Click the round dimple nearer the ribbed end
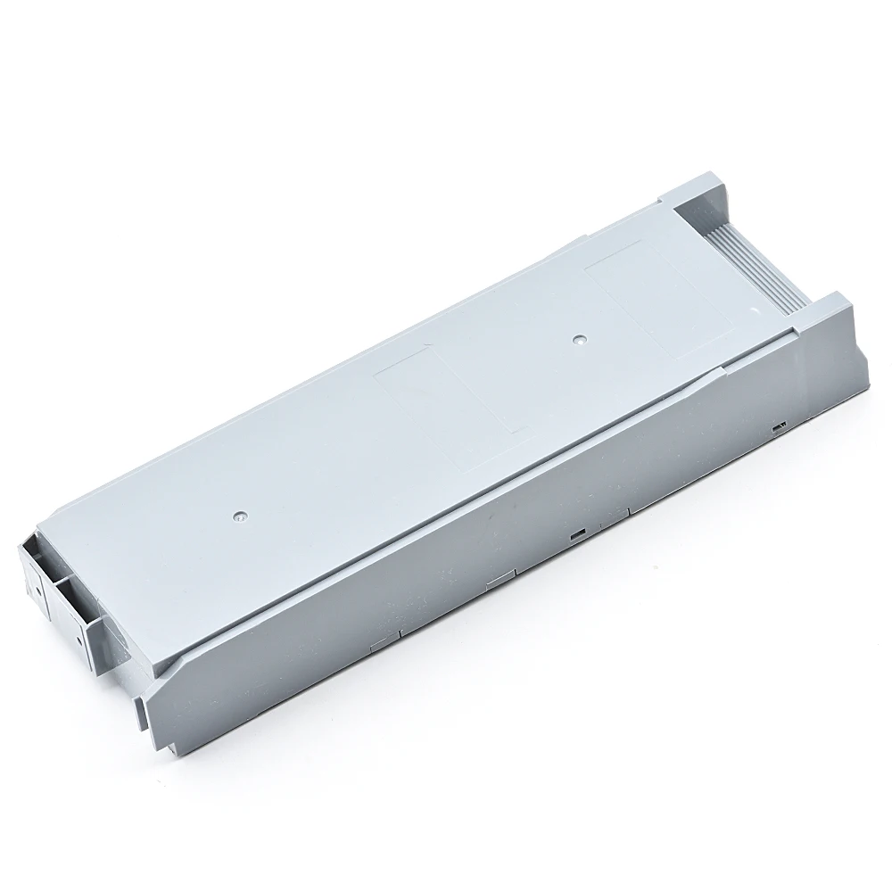579,340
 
